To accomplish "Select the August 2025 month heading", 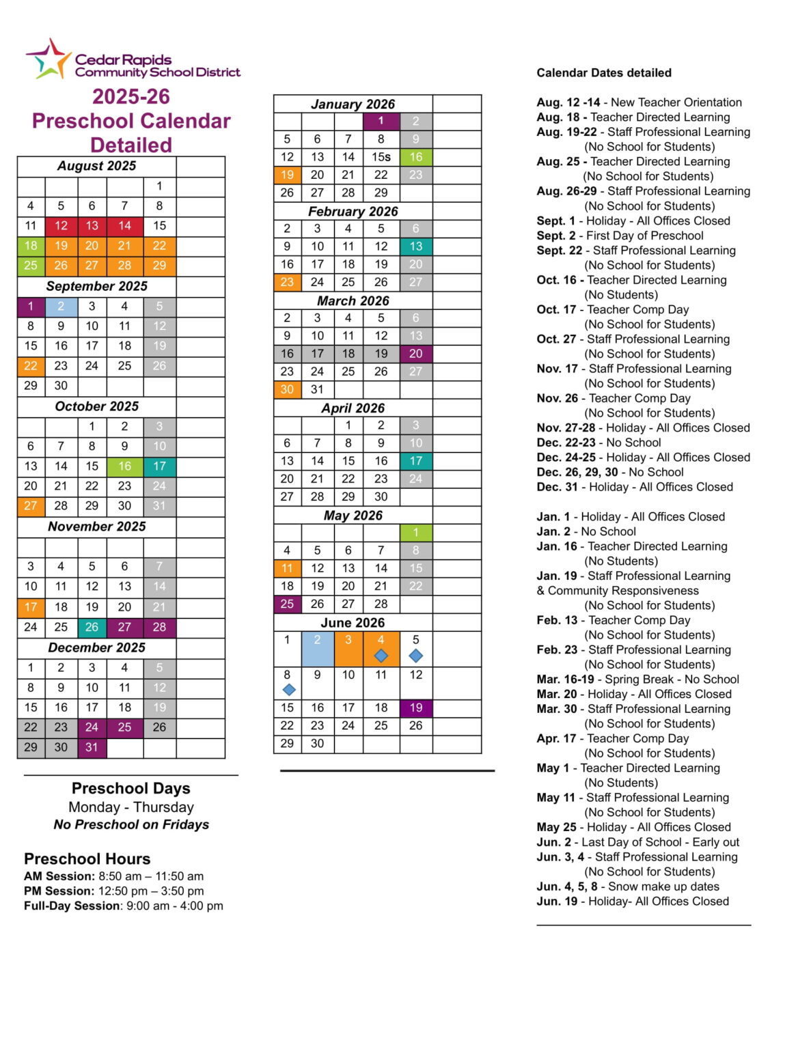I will [96, 166].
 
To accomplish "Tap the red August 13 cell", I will [92, 226].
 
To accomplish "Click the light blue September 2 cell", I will [61, 307].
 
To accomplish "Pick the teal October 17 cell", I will [159, 466].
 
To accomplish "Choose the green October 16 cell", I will [124, 466].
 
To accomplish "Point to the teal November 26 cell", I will [92, 627].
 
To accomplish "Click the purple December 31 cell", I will [92, 748].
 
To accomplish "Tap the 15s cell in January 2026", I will [381, 157].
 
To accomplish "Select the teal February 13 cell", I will [416, 247].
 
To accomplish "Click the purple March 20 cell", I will [416, 354].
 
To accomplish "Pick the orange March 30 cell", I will [287, 389].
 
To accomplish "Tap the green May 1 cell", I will [416, 533].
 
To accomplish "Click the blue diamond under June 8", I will [289, 690].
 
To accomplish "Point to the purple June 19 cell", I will [416, 708].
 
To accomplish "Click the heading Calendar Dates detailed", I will [604, 73].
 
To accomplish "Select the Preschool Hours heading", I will [87, 858].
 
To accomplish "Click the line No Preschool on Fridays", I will [131, 825].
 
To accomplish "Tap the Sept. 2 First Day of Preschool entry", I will [620, 236].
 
